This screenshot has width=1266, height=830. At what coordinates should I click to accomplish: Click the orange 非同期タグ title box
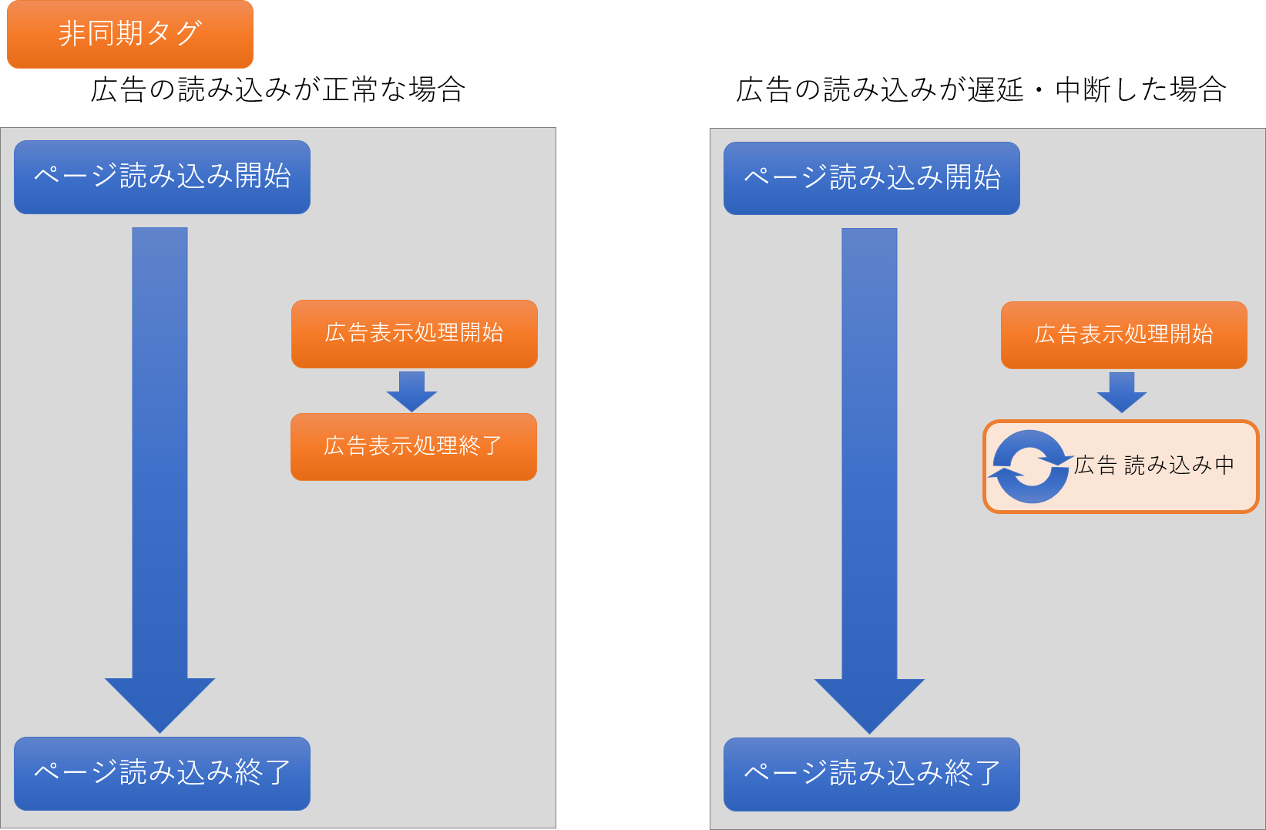click(130, 35)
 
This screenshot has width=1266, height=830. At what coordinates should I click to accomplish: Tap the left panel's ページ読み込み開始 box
click(162, 177)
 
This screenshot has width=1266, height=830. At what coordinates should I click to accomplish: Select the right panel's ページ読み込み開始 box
click(871, 178)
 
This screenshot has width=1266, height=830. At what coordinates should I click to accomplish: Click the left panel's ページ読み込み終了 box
click(162, 773)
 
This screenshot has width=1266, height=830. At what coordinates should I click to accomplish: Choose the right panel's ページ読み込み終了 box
click(871, 774)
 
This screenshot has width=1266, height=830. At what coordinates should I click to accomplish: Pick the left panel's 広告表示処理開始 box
click(414, 334)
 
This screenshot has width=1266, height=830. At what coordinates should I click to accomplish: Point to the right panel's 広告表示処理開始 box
click(1123, 335)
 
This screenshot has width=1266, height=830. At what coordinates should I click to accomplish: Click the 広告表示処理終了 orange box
click(413, 447)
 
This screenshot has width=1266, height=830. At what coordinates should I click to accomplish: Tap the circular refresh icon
click(1030, 467)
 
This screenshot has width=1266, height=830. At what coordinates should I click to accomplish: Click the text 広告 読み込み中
click(1154, 465)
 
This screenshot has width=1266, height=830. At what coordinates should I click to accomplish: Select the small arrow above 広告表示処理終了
click(411, 391)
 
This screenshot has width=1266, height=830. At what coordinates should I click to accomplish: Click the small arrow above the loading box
click(1121, 392)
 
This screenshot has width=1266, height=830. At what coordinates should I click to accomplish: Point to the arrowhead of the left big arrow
click(160, 701)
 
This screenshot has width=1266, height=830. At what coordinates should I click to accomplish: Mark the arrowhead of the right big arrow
click(869, 702)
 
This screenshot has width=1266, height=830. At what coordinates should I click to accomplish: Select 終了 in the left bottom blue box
click(263, 772)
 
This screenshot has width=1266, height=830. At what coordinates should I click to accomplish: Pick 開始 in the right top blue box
click(972, 178)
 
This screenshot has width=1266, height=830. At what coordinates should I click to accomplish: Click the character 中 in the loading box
click(1224, 465)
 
